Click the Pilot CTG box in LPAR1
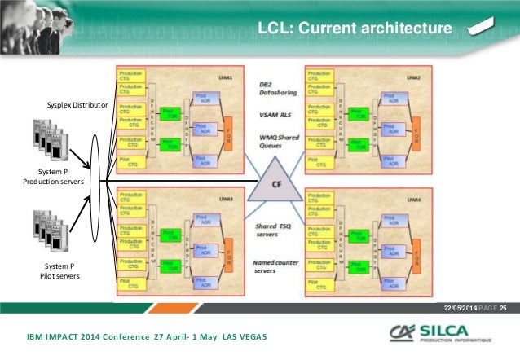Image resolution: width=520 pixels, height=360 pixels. click(130, 162)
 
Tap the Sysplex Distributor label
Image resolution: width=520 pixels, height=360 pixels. click(78, 106)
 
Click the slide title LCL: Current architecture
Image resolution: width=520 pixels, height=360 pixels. click(353, 30)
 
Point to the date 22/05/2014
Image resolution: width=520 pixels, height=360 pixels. click(461, 306)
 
